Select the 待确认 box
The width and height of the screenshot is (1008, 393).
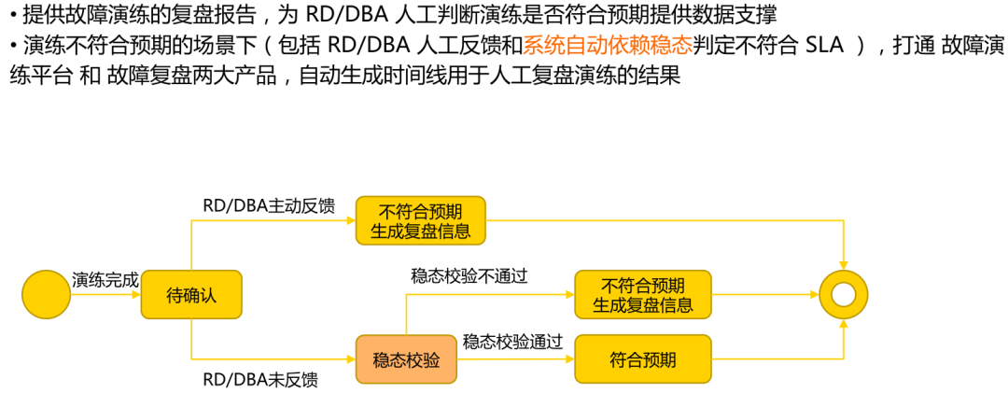tap(191, 294)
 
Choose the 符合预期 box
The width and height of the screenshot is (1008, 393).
tap(643, 358)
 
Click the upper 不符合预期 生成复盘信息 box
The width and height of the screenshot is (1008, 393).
tap(421, 220)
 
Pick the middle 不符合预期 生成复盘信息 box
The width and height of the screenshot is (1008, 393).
tap(643, 294)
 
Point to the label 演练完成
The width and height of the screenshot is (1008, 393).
tap(105, 279)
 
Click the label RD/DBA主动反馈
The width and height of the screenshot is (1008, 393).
tap(269, 205)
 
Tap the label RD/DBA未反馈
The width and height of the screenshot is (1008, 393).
tap(260, 379)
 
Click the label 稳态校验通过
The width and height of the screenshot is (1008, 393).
tap(512, 342)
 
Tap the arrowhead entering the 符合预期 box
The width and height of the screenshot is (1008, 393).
tap(569, 358)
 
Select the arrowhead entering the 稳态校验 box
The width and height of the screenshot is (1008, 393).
tap(351, 358)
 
